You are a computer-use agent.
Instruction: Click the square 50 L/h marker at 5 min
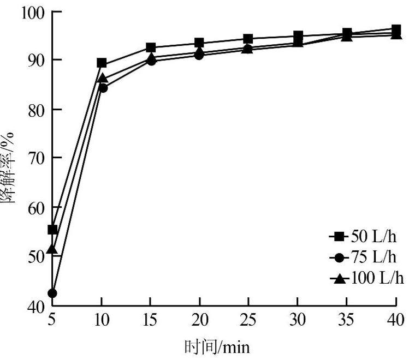point(52,230)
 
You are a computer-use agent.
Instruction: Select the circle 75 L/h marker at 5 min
point(52,293)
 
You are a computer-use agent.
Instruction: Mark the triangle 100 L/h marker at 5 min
point(52,249)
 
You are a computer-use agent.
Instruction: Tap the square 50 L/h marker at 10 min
point(102,63)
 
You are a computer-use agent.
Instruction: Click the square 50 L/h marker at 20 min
point(199,43)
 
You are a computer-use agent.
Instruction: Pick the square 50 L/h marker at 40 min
point(396,29)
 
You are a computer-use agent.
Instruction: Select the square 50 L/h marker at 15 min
point(151,48)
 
